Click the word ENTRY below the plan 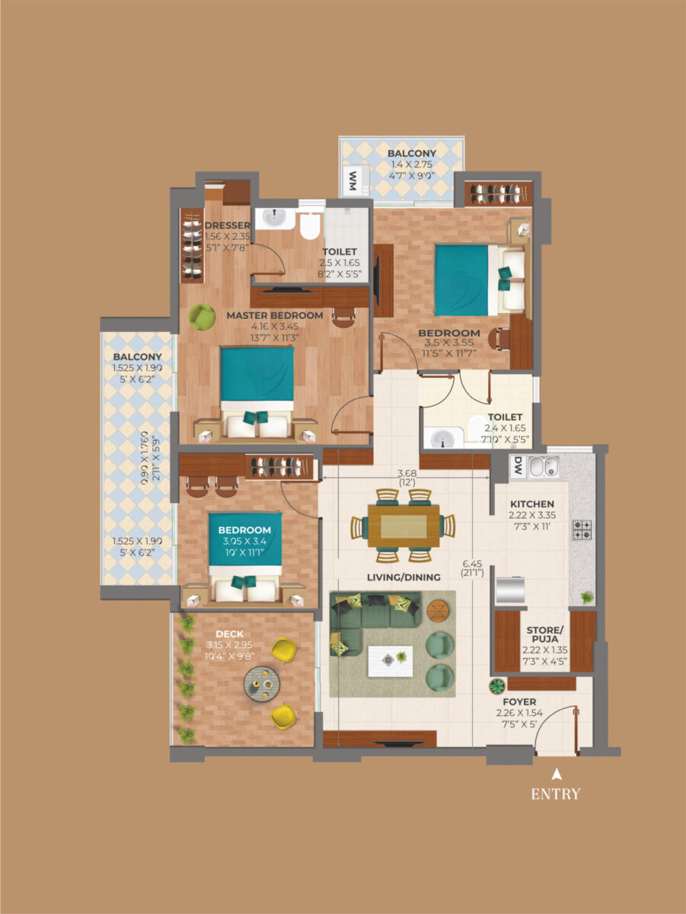(x=555, y=794)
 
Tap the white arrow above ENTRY (x=556, y=774)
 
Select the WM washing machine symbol (x=353, y=181)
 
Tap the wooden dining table (x=403, y=526)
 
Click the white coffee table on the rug (x=391, y=660)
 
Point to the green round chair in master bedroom (x=201, y=316)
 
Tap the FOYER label (x=519, y=701)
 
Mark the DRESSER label (x=227, y=225)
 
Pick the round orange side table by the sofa (x=437, y=610)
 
